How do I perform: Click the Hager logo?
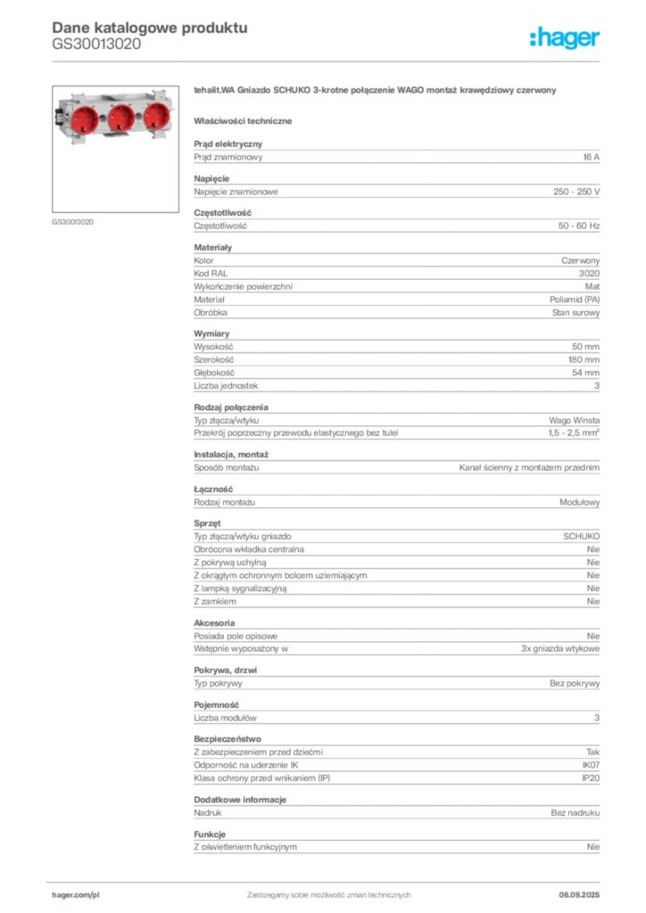565,37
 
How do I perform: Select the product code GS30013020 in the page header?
96,45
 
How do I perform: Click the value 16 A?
592,157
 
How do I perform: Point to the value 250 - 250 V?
576,192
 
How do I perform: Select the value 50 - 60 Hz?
579,226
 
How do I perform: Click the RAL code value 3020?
590,274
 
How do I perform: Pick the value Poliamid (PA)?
575,300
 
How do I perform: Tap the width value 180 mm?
584,360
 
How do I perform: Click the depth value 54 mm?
586,373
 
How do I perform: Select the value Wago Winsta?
575,421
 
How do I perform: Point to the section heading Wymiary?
211,333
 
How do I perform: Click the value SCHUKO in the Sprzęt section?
582,536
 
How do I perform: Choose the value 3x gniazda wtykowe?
560,649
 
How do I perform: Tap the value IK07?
592,765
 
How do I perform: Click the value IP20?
591,777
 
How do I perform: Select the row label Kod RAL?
211,274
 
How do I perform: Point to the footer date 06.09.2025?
579,895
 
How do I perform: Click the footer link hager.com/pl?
76,895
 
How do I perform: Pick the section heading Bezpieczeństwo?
228,739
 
